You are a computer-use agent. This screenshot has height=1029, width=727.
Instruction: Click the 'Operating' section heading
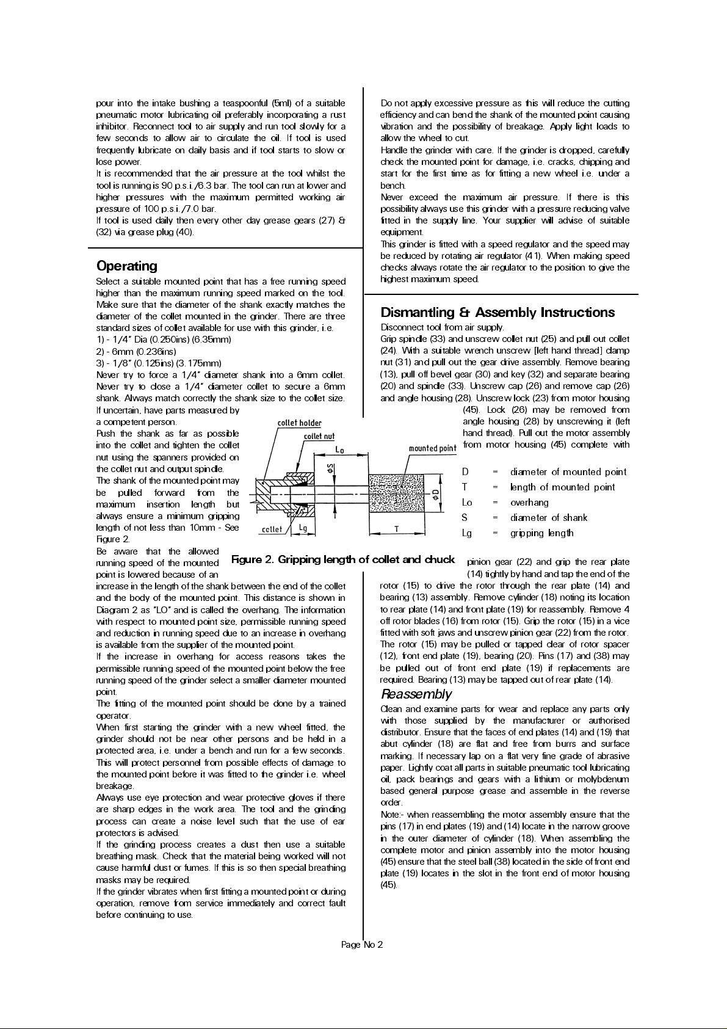tap(127, 266)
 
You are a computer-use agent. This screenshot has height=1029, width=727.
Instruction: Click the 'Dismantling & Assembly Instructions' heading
tap(497, 313)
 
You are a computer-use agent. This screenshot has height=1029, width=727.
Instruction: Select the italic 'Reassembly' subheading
tap(416, 694)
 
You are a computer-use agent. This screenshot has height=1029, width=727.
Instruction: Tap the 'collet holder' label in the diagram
tap(299, 423)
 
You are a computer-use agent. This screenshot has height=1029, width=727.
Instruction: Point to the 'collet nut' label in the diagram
tap(319, 436)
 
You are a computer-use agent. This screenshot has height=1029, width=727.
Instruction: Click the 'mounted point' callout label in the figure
tap(432, 448)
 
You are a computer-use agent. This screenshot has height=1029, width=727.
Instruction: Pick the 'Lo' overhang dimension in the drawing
tap(340, 449)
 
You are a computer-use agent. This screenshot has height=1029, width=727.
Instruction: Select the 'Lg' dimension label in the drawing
tap(302, 529)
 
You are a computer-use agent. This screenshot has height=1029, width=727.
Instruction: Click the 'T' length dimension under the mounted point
tap(397, 529)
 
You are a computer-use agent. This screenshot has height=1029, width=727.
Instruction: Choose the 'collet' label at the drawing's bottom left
tap(272, 529)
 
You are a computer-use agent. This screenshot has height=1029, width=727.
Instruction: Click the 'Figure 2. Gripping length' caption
tap(344, 559)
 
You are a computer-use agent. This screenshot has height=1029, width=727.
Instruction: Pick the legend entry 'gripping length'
tap(541, 533)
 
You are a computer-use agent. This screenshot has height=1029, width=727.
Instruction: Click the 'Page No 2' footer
tap(363, 945)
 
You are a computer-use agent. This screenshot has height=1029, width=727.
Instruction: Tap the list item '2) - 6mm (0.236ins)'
tap(137, 351)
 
